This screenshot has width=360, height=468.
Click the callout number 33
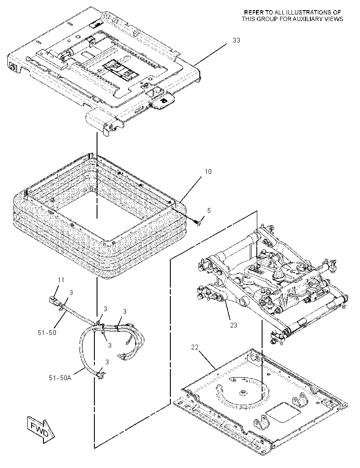(x=236, y=40)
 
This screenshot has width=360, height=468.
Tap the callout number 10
(x=208, y=172)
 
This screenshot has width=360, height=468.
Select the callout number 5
(x=209, y=211)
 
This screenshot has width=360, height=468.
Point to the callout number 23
(x=234, y=325)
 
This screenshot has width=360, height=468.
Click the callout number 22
(x=194, y=347)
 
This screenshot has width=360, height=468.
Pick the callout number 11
(x=61, y=280)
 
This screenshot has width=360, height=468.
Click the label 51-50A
(x=60, y=378)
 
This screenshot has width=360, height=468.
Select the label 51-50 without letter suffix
(x=47, y=332)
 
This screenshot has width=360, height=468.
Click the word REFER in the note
(x=254, y=13)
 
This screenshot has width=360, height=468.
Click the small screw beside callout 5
(x=199, y=223)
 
